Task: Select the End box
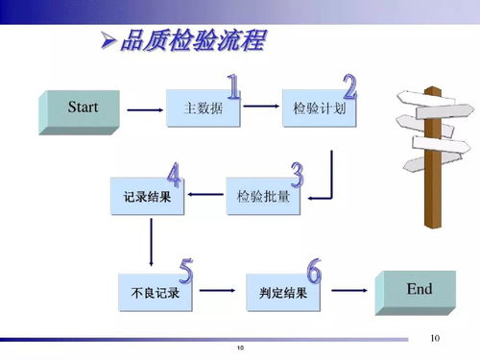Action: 416,292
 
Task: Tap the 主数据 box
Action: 203,109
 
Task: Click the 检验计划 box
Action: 319,109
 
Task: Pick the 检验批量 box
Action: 262,197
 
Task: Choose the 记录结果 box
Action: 147,197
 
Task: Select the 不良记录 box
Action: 155,292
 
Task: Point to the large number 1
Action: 233,88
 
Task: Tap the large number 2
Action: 348,87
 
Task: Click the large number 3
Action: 297,175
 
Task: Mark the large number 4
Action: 174,176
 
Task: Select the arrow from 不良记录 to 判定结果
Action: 219,291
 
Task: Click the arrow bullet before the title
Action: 108,42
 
